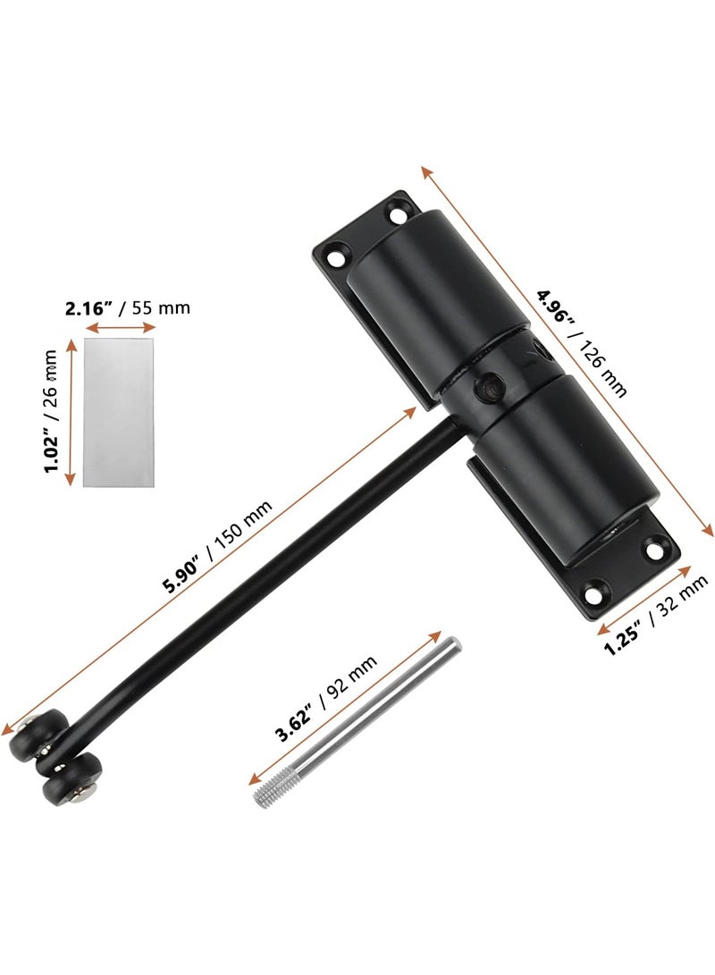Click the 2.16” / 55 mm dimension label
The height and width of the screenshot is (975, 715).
[128, 307]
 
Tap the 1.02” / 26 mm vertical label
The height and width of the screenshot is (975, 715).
[51, 411]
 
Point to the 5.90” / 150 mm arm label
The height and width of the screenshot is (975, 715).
[217, 547]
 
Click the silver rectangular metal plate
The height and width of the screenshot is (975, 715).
[117, 412]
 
